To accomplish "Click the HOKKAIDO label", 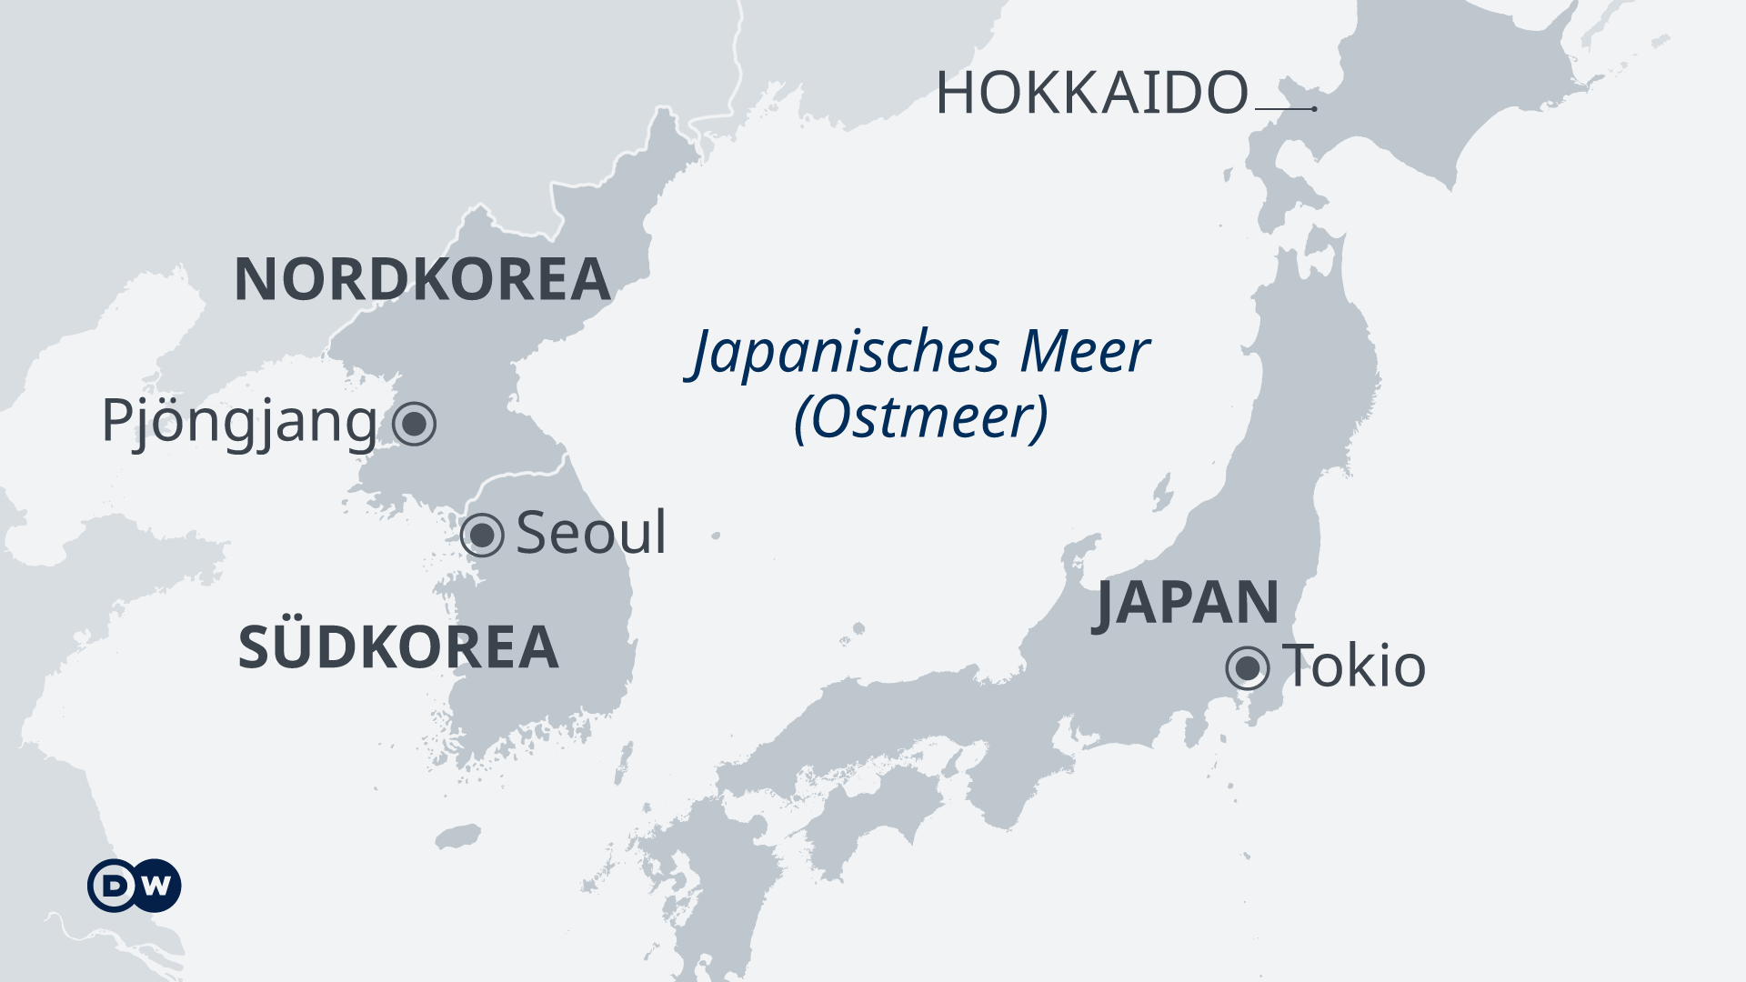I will (x=1091, y=93).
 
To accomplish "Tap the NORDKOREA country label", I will (x=422, y=279).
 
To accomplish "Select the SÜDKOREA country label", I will (x=398, y=647).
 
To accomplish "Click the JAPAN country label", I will (x=1187, y=603).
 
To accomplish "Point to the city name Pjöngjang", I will (x=239, y=422).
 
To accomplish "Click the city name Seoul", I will (x=591, y=533).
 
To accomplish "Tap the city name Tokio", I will (x=1354, y=666).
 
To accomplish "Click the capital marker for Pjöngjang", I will (x=415, y=424).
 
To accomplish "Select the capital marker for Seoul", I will (x=482, y=535).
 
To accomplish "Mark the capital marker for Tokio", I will (x=1248, y=669).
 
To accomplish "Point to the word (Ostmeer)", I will (x=921, y=418).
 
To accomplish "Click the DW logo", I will (x=135, y=885).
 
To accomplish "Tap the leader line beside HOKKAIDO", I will (x=1284, y=109).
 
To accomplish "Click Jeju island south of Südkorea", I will (x=457, y=837).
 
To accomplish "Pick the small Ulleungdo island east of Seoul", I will (x=716, y=536).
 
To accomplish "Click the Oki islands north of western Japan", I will (x=857, y=629).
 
